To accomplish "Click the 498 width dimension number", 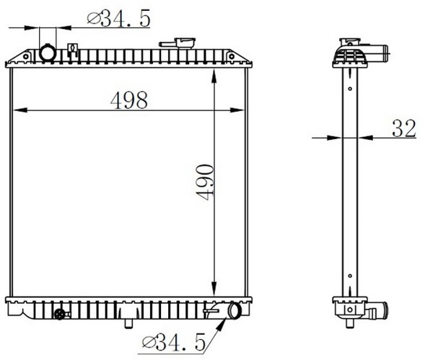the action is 129,100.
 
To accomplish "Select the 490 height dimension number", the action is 205,182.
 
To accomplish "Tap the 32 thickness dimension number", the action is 403,128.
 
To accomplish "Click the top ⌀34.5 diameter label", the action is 119,18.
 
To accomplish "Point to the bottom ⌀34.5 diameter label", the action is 174,342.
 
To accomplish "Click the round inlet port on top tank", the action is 48,53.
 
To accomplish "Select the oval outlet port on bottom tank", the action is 234,310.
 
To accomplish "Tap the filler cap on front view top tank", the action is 178,43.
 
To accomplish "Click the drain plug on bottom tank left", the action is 61,314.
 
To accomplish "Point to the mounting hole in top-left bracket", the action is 26,57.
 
